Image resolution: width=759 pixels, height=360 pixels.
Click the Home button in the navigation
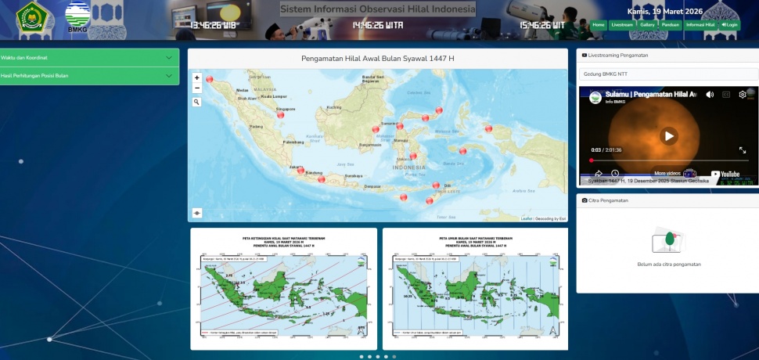coord(599,25)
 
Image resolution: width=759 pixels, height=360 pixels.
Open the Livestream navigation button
coord(622,25)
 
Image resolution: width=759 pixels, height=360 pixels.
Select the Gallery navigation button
coord(647,25)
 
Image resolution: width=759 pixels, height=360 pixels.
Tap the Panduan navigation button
coord(670,25)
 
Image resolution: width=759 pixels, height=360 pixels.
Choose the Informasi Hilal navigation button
coord(700,25)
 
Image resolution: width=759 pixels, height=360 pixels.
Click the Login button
coord(730,25)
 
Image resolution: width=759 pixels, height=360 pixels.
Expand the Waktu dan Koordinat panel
coord(90,57)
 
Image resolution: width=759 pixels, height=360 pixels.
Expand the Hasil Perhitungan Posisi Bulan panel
coord(90,76)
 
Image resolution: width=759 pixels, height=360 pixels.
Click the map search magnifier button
coord(196,102)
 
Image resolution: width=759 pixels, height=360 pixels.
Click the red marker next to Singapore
coord(280,114)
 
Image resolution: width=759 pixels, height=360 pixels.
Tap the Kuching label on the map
coord(335,106)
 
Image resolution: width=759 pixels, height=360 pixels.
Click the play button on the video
coord(668,135)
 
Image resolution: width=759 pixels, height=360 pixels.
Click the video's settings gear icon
coord(743,95)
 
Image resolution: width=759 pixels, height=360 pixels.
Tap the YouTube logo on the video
coord(725,174)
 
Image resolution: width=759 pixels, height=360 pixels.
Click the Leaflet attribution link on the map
coord(526,218)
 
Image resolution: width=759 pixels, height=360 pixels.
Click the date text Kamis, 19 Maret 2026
coord(664,12)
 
